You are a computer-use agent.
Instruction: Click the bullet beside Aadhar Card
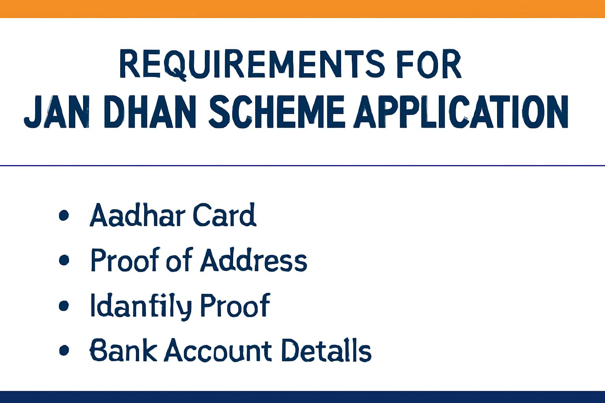click(x=64, y=216)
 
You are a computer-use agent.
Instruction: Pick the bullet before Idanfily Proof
click(x=64, y=305)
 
